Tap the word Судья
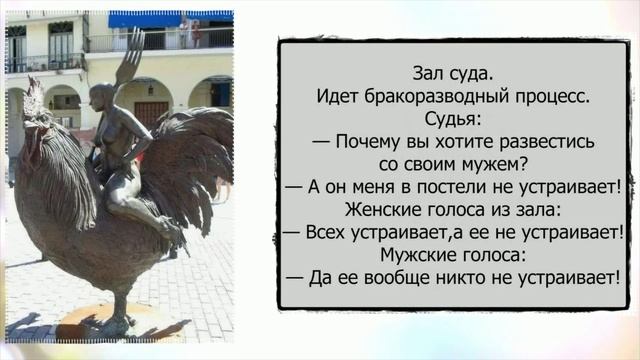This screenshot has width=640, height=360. coord(453,120)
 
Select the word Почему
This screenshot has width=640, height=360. coord(371,142)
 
